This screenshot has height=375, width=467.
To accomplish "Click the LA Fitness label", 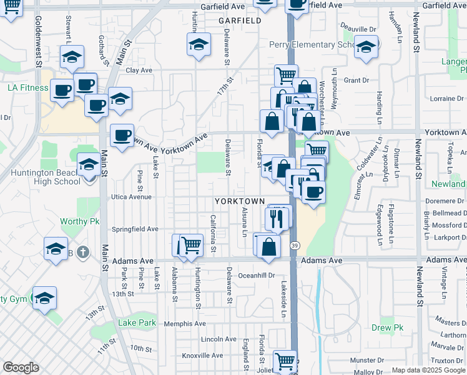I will [x=27, y=87].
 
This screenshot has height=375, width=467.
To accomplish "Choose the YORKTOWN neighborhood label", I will [x=237, y=202].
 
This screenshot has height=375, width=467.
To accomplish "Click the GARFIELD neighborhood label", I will [x=240, y=21].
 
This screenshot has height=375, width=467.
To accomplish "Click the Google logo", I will [x=21, y=367].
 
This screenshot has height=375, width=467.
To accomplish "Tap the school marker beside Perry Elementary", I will [x=366, y=47].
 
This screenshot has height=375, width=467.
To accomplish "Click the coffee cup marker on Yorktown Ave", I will [x=122, y=134].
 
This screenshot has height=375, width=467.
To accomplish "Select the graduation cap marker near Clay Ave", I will [x=199, y=44].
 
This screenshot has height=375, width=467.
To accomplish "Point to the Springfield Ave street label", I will [x=135, y=229].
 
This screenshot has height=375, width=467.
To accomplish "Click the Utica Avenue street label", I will [x=132, y=197].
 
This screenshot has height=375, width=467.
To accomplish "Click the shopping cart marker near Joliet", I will [x=285, y=360].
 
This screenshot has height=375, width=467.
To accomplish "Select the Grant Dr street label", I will [x=356, y=80].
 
